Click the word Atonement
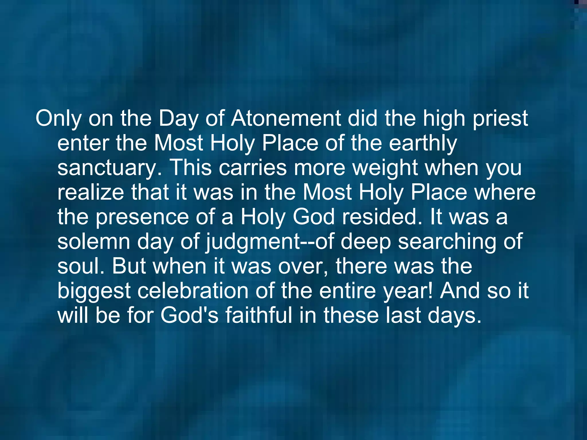(x=286, y=118)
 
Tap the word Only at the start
(x=58, y=118)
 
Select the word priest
(x=500, y=118)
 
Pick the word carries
(x=253, y=168)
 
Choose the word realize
(x=91, y=192)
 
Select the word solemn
(x=94, y=241)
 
